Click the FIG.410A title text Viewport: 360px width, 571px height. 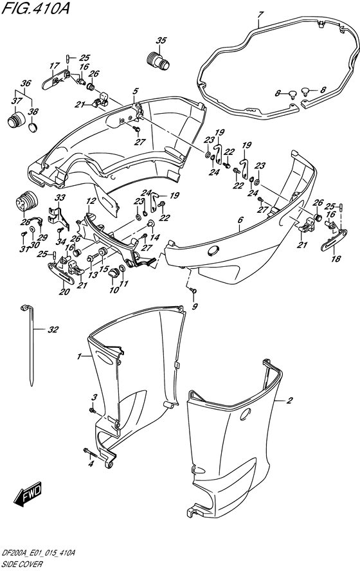(x=35, y=8)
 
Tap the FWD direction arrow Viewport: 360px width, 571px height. (x=28, y=495)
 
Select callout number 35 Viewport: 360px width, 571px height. (x=161, y=41)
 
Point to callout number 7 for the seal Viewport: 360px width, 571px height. (x=260, y=15)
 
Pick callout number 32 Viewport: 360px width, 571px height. (x=53, y=330)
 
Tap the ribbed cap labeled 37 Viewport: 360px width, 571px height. (x=15, y=119)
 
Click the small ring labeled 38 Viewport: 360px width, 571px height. (x=33, y=127)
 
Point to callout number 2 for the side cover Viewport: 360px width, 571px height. (x=290, y=401)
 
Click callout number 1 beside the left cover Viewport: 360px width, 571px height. (x=78, y=356)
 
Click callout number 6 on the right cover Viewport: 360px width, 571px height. (x=240, y=219)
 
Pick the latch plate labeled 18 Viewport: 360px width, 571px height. (x=334, y=240)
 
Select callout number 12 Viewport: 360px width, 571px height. (x=91, y=201)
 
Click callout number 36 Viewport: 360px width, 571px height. (x=26, y=84)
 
